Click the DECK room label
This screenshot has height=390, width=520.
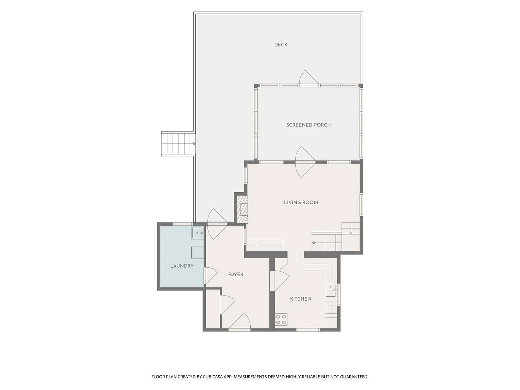[x=281, y=45]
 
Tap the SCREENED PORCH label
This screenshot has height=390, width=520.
[x=308, y=125]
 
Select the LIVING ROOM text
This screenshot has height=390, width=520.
[x=301, y=202]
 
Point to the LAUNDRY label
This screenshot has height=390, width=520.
[x=182, y=266]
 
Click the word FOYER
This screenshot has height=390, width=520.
[x=235, y=274]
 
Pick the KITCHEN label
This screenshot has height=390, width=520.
[x=301, y=299]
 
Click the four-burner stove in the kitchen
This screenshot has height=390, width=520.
[x=281, y=320]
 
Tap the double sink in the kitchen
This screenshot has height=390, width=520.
[x=331, y=290]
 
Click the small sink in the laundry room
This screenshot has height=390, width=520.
[x=198, y=233]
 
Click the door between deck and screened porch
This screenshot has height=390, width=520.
[x=308, y=79]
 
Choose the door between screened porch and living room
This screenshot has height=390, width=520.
[x=305, y=162]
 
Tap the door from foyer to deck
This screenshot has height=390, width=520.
[x=217, y=224]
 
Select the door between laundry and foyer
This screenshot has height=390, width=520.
[x=210, y=275]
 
